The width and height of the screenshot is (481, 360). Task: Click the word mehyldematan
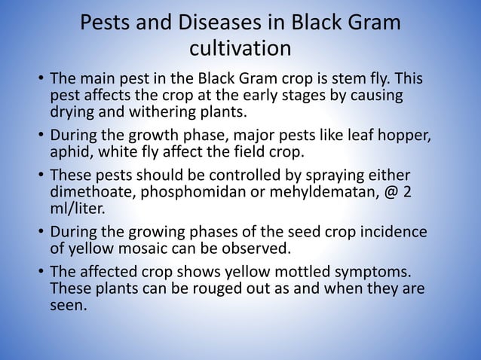(329, 193)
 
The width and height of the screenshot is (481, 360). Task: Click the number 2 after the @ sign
(408, 193)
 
